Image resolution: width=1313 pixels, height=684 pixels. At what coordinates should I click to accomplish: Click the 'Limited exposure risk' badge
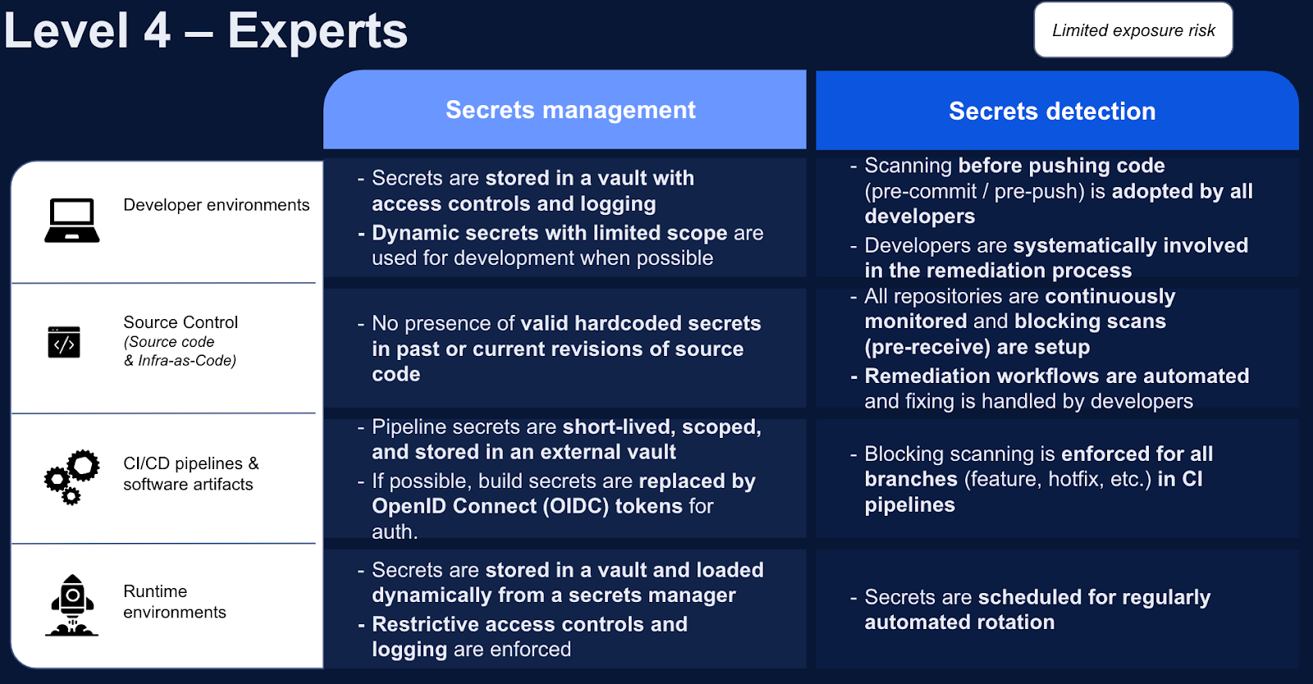[x=1132, y=30]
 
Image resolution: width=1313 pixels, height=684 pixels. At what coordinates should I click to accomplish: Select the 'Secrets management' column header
[x=570, y=110]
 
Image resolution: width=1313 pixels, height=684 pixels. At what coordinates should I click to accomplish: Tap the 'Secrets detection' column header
[x=1052, y=112]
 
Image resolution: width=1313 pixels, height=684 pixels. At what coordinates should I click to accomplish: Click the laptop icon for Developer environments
[x=72, y=221]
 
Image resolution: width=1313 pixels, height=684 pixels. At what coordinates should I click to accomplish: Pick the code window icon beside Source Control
[x=64, y=342]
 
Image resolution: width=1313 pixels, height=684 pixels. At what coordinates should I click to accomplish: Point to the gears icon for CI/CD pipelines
[x=72, y=476]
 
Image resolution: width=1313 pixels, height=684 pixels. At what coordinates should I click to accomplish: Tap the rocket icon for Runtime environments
[x=72, y=606]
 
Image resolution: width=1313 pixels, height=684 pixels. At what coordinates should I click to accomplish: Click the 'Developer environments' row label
[x=216, y=205]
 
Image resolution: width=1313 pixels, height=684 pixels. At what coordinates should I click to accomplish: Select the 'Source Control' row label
[x=181, y=322]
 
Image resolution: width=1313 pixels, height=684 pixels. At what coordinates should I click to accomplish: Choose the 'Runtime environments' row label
[x=174, y=602]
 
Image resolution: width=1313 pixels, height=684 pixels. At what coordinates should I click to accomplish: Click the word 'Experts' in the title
[x=318, y=31]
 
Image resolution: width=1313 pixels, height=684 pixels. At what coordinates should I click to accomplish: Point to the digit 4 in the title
[x=157, y=31]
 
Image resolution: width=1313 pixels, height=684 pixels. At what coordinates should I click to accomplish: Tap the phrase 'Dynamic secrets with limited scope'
[x=549, y=233]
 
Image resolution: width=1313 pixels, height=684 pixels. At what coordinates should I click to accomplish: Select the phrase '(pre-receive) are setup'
[x=977, y=347]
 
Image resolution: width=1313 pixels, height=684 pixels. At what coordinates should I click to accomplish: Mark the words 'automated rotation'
[x=959, y=622]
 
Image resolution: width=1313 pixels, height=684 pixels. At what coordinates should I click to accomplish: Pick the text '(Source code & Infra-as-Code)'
[x=180, y=351]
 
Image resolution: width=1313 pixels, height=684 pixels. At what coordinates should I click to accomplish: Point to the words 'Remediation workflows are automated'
[x=1056, y=376]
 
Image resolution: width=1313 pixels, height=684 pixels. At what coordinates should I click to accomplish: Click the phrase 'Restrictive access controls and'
[x=529, y=624]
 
